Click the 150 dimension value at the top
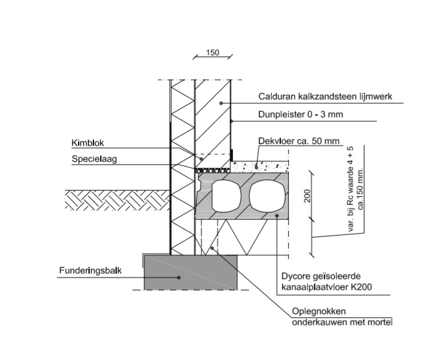pos(213,53)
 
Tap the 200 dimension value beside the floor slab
pos(307,196)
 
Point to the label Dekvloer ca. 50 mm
pos(298,142)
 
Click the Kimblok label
pos(89,142)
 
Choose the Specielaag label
pos(93,158)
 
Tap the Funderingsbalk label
pos(90,270)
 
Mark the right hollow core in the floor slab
pos(267,195)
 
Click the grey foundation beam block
pos(191,272)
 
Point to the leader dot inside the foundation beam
pos(179,277)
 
